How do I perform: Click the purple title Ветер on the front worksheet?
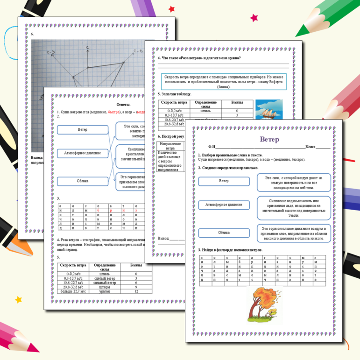coord(269,139)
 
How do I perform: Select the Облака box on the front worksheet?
coord(224,233)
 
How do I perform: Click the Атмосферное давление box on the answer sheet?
coord(82,153)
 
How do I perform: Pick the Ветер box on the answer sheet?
coord(82,129)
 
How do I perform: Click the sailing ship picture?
coord(269,110)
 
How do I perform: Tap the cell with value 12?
coord(136,291)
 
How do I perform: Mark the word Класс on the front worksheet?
coord(311,147)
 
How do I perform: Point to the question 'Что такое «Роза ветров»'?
coord(199,58)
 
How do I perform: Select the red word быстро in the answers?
coord(114,112)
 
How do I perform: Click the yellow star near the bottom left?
coord(19,299)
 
